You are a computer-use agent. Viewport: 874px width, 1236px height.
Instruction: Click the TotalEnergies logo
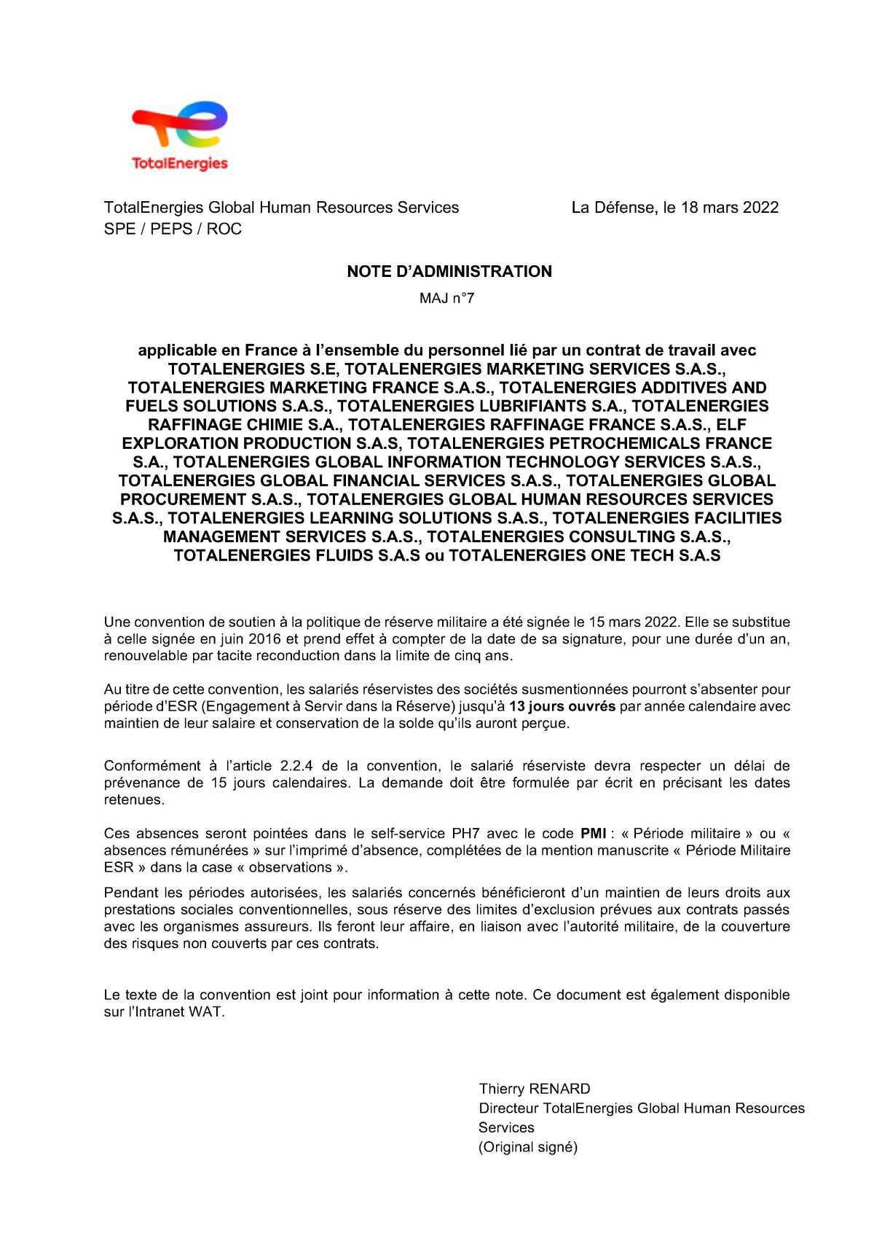pos(179,137)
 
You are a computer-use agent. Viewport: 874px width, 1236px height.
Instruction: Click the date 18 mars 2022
pos(730,208)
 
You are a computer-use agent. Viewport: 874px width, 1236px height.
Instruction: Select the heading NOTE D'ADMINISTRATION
pos(449,272)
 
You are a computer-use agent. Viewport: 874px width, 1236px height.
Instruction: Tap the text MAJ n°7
pos(446,298)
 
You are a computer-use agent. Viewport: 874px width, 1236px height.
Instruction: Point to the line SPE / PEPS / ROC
pos(173,230)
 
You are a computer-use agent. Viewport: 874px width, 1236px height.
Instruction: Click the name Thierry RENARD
pos(535,1089)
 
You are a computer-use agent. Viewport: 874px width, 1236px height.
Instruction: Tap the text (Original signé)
pos(527,1147)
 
